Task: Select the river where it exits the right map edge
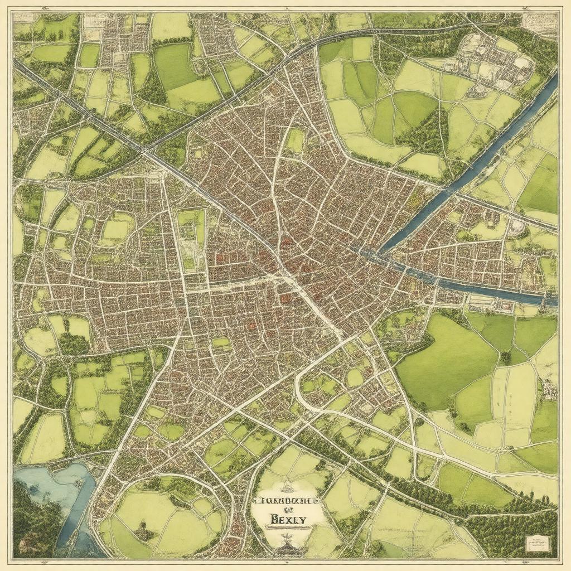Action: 549,300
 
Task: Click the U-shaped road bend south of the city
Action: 301,393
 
